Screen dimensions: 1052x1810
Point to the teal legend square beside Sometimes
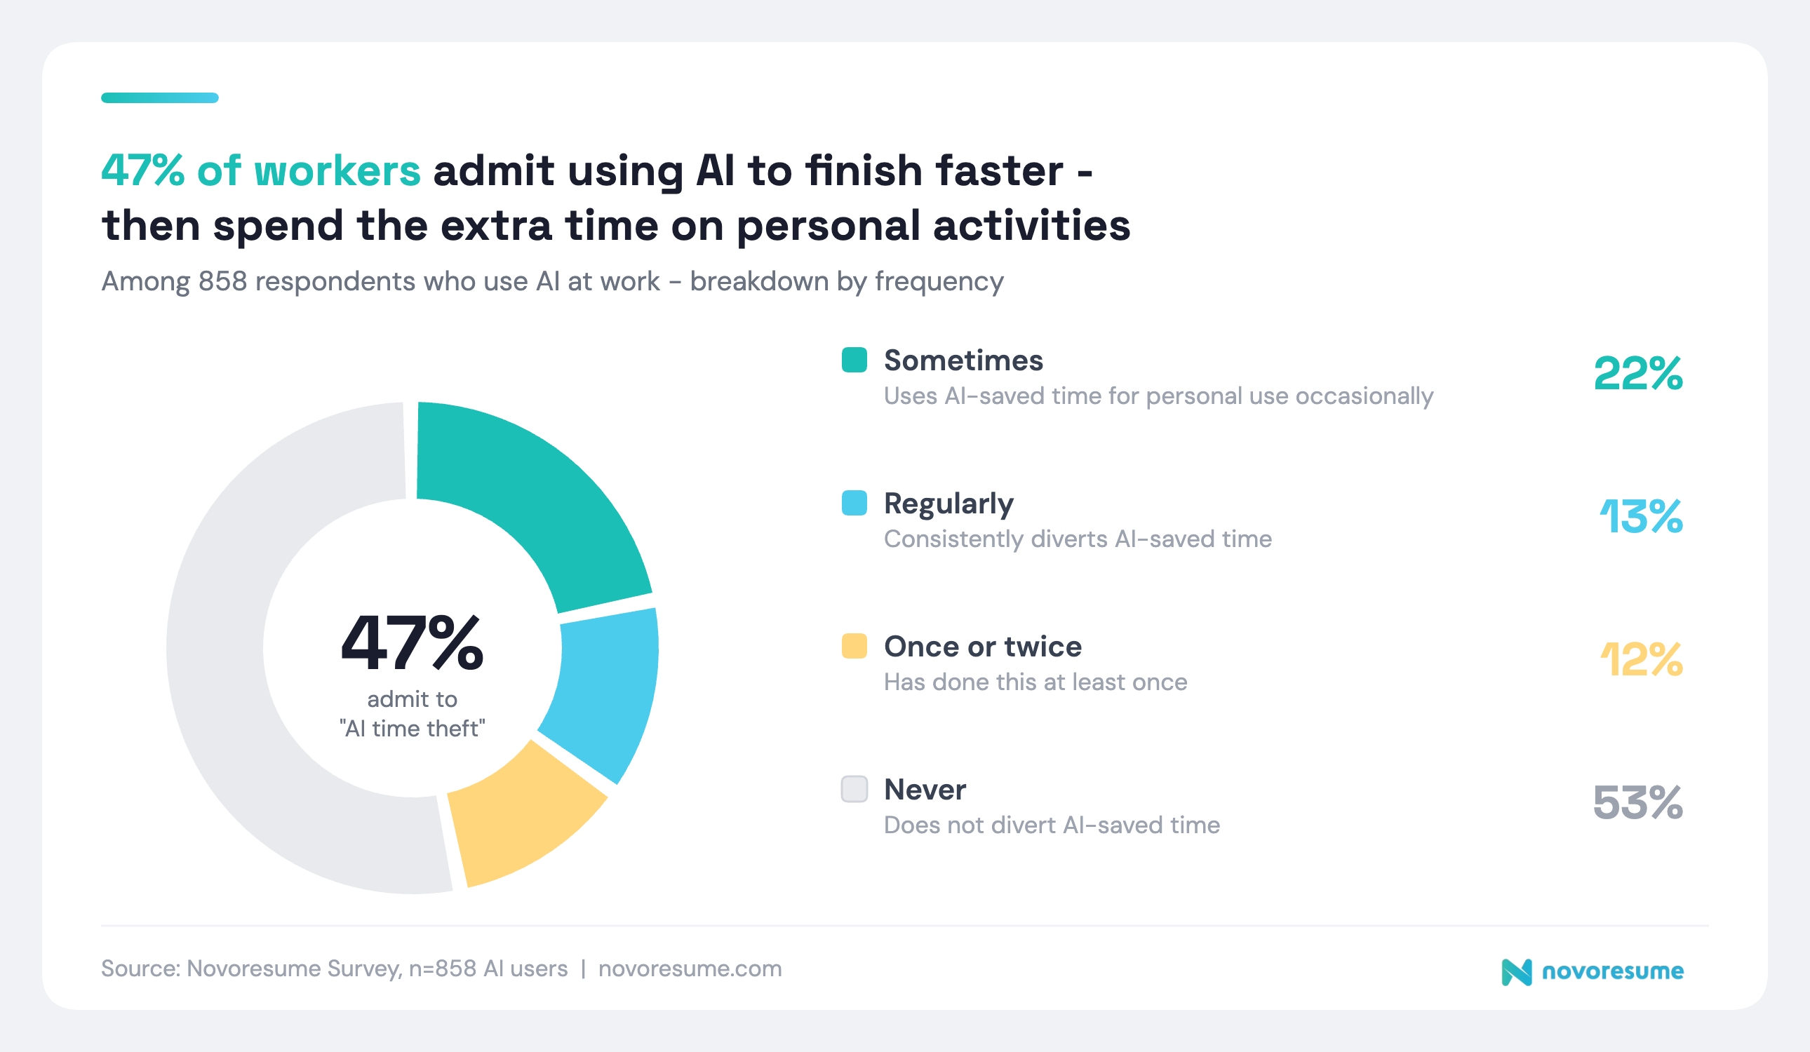854,360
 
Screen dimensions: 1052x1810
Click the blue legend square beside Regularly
854,503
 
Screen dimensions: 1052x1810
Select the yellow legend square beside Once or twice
854,645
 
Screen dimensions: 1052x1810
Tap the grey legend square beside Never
854,788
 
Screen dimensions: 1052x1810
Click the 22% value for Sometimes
1637,373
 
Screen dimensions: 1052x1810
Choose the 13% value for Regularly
1640,516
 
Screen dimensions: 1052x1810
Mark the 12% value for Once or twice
1640,659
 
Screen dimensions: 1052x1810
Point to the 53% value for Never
1637,802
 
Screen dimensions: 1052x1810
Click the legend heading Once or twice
982,647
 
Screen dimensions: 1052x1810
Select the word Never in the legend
925,789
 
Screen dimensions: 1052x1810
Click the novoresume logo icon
1516,972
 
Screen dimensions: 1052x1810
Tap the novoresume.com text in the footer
690,969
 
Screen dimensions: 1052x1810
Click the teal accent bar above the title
159,97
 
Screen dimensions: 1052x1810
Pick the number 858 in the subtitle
222,281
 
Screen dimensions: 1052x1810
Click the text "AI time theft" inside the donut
413,728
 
